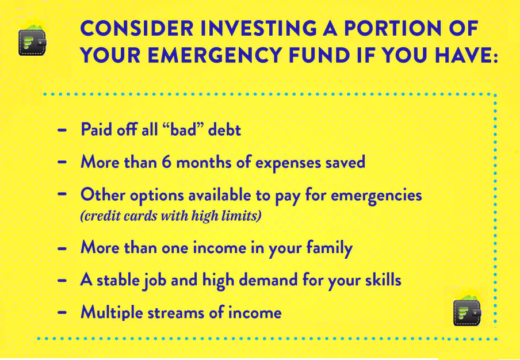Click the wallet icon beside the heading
click(32, 40)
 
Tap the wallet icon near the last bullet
click(467, 311)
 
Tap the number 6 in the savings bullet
click(166, 162)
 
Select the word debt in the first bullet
click(224, 129)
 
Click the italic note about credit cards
click(171, 216)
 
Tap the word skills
click(382, 280)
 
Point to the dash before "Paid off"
click(62, 130)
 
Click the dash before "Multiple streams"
click(62, 313)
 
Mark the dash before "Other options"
click(62, 194)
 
